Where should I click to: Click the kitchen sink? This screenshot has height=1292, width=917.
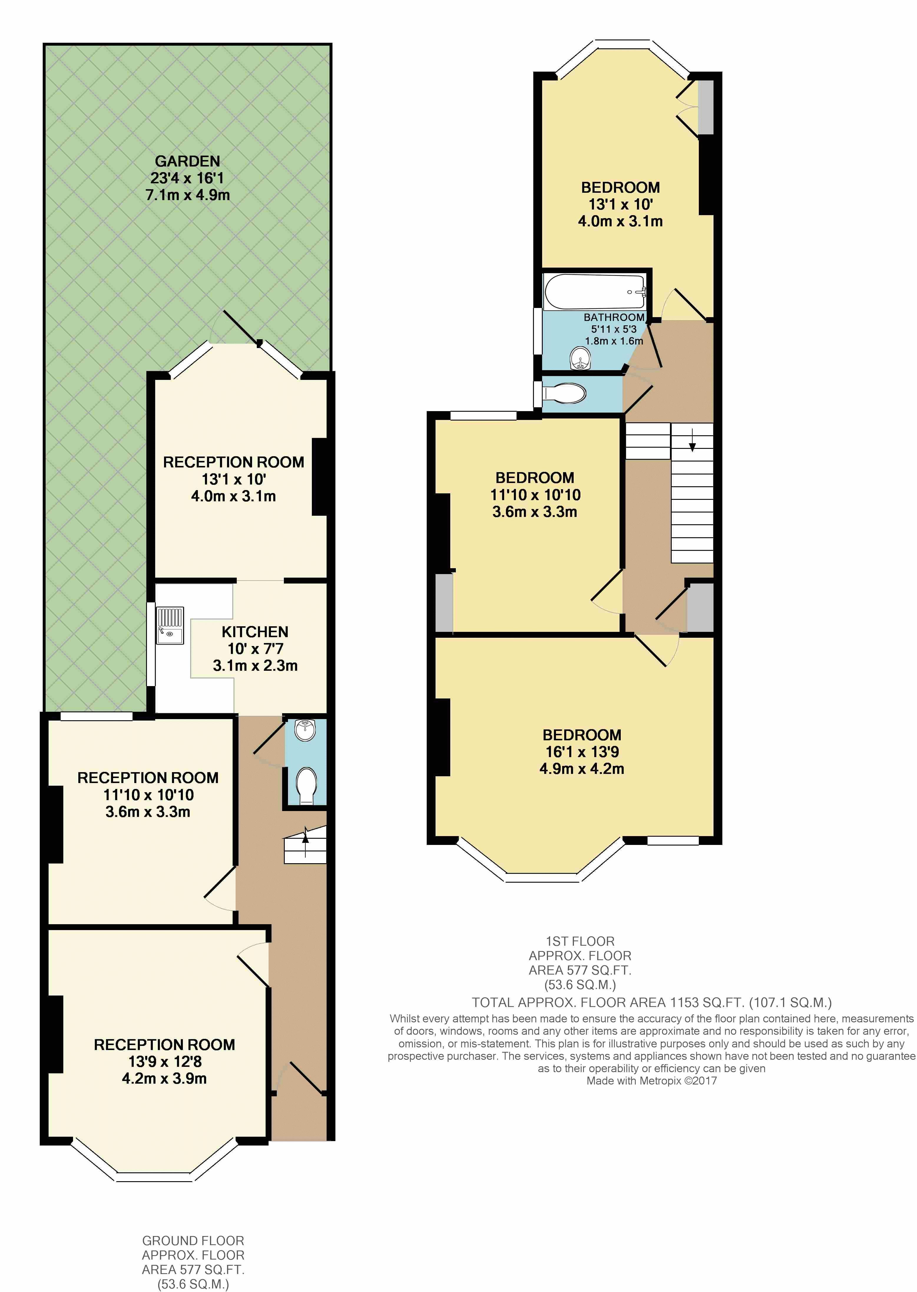(170, 626)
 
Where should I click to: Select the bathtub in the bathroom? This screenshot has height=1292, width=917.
(595, 291)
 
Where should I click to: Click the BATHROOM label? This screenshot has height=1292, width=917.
(614, 317)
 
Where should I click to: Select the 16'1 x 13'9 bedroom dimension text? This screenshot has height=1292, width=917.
(582, 752)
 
